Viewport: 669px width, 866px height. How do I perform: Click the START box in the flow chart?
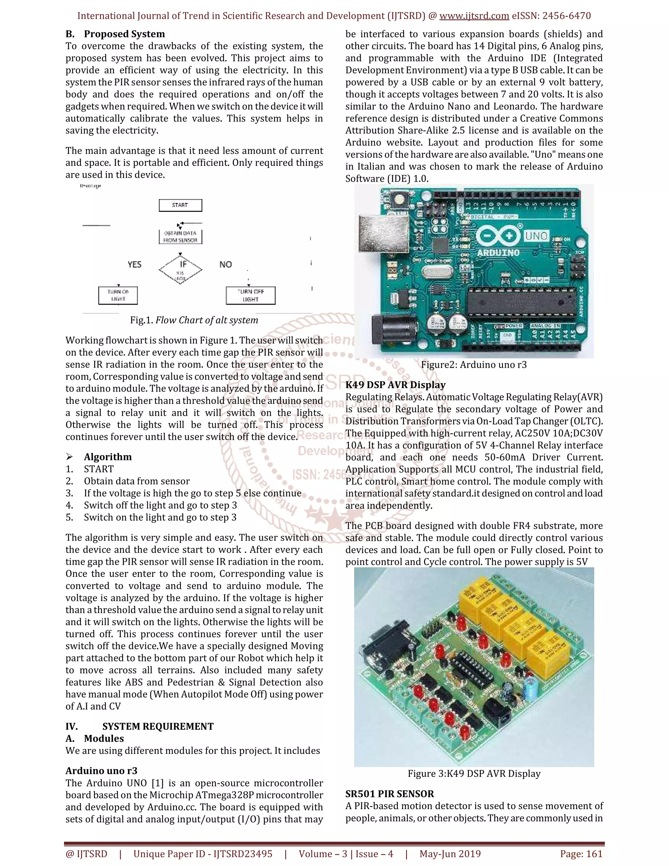click(x=180, y=205)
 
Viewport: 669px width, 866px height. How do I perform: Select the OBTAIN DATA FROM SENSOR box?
click(x=180, y=237)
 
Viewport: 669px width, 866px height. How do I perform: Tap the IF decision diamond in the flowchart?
click(x=181, y=269)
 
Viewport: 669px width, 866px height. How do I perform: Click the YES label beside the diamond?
click(x=134, y=264)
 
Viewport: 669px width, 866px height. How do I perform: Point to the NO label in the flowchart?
click(x=225, y=264)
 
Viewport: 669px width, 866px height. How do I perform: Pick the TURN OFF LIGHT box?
click(x=251, y=295)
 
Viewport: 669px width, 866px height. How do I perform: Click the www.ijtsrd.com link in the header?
click(x=474, y=16)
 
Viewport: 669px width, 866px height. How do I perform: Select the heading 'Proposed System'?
click(x=124, y=34)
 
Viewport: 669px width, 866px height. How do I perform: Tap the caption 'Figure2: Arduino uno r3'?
click(x=474, y=365)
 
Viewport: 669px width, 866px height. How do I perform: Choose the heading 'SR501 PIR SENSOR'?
click(x=390, y=794)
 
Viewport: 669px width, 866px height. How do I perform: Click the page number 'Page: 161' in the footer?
click(x=581, y=854)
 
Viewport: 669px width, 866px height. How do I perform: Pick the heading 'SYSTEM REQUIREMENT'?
click(x=158, y=726)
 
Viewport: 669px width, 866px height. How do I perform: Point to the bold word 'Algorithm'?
click(x=108, y=457)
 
